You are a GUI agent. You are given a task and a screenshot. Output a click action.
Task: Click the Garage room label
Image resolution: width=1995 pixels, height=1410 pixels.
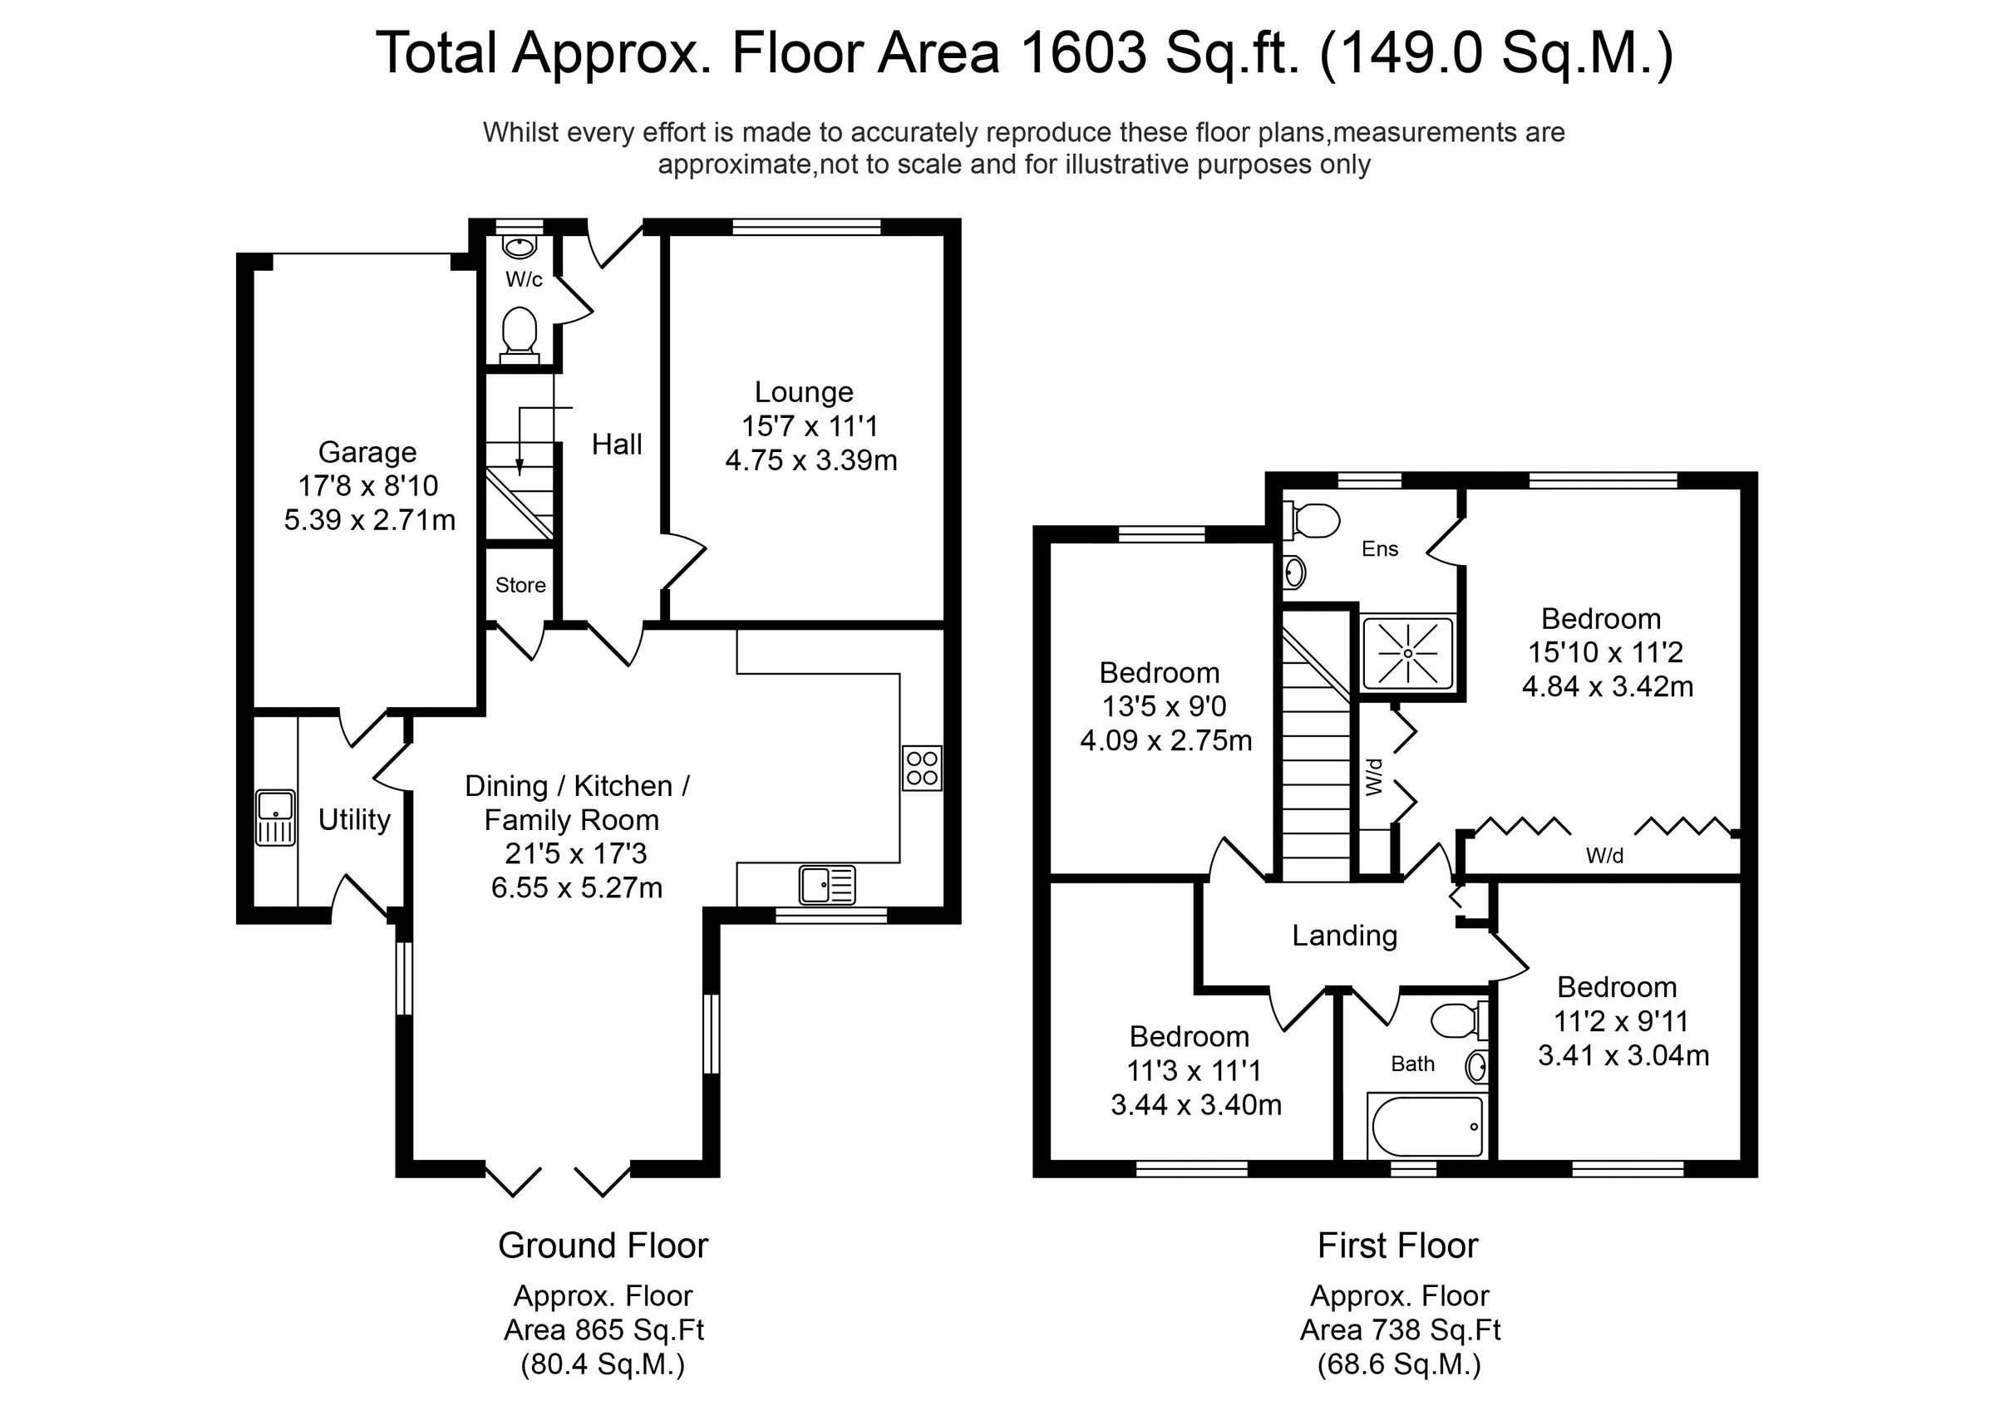tap(367, 452)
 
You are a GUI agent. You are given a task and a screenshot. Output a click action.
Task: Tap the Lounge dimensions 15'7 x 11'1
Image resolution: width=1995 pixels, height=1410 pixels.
tap(809, 425)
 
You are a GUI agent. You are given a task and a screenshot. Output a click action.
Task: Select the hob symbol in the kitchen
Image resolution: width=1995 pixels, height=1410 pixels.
tap(922, 768)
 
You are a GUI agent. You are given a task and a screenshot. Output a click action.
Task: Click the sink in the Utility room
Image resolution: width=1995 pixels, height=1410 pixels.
tap(275, 818)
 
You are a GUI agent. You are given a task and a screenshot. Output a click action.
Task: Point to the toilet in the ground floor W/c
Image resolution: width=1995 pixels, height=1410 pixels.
tap(520, 334)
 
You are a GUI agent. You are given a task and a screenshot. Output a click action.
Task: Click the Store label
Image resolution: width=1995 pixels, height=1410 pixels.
tap(520, 586)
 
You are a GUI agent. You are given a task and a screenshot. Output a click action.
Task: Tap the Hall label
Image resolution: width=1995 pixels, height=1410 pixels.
tap(617, 445)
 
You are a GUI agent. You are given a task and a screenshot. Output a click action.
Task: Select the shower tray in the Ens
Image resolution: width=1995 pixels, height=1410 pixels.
tap(1407, 653)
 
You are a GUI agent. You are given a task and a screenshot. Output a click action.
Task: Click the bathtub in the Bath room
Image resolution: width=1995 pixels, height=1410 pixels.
tap(1426, 1127)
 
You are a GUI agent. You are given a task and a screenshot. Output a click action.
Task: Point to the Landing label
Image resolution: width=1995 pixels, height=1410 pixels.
tap(1344, 935)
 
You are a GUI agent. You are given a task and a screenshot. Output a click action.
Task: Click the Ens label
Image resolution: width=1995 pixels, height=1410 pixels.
tap(1380, 549)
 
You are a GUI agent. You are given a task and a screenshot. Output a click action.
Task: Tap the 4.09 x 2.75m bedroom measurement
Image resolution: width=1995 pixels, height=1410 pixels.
tap(1165, 741)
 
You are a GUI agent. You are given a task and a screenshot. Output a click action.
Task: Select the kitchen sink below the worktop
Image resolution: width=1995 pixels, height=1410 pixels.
tap(826, 885)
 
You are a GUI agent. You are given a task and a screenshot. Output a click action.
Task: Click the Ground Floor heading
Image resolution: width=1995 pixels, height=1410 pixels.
tap(603, 1245)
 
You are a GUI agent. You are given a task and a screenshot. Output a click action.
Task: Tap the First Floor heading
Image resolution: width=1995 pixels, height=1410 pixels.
tap(1397, 1245)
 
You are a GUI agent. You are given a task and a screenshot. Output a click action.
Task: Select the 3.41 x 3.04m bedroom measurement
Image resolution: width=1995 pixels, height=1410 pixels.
tap(1623, 1055)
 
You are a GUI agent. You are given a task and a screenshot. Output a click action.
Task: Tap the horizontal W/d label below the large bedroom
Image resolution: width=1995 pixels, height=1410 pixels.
tap(1604, 856)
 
